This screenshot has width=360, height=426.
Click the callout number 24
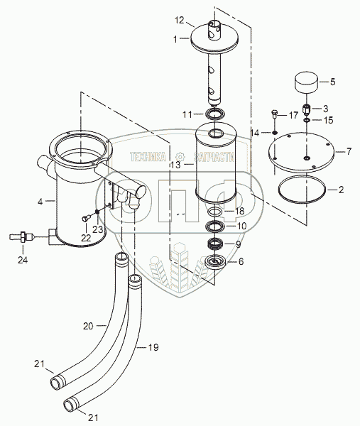[x=23, y=260]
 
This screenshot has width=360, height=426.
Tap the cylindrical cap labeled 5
[x=307, y=82]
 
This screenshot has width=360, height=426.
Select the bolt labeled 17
[x=274, y=114]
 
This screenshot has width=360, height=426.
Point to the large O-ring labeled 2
[x=302, y=190]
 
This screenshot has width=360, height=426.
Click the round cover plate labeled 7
[x=302, y=152]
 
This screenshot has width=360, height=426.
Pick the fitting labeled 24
[x=22, y=236]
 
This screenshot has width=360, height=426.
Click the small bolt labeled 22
[x=87, y=218]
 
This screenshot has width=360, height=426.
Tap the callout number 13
[x=176, y=165]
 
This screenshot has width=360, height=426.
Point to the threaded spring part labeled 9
[x=216, y=243]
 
